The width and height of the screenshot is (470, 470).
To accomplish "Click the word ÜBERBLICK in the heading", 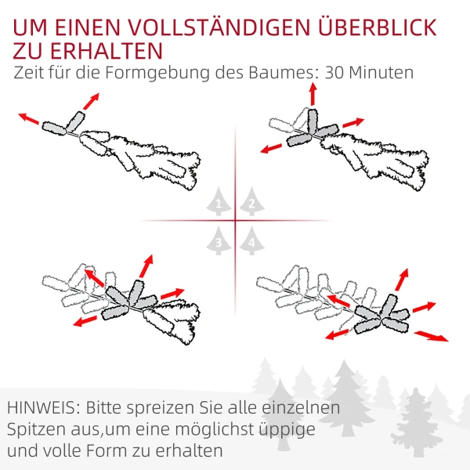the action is coord(377,27).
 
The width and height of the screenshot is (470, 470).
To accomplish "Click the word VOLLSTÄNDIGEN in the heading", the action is coord(219,28).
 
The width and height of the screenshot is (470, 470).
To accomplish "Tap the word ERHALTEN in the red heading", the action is coord(106,51).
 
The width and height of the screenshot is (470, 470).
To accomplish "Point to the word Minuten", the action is coord(381,73).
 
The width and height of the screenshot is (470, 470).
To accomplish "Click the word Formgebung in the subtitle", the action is coord(157,74).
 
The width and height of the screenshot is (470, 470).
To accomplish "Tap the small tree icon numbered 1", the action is coord(219,201).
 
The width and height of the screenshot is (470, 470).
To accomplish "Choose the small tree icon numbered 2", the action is coord(251,201).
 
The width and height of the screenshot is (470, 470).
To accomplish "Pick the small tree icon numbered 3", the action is coord(219,240).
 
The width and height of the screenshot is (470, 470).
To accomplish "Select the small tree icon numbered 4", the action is coord(251,240).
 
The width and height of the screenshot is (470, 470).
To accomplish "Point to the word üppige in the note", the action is coord(287,430).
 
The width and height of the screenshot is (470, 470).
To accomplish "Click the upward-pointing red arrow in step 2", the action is coord(313,94).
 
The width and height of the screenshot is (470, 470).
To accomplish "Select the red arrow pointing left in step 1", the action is coord(28,118).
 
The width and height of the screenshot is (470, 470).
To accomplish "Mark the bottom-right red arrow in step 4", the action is coord(432,336).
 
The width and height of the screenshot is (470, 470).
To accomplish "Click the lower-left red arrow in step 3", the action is coord(85,321).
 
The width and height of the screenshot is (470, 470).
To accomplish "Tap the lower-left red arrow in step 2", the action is coord(271,148).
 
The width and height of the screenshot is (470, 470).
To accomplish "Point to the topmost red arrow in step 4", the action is coord(402,280).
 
